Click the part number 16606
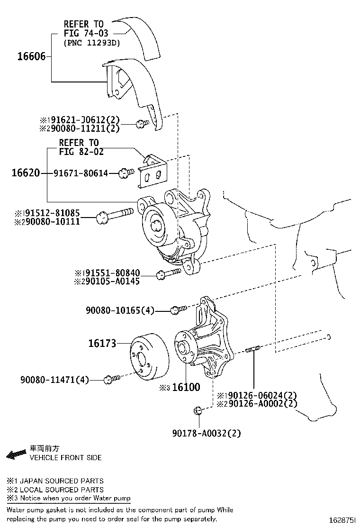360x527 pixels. coord(31,56)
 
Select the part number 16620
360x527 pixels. coord(26,173)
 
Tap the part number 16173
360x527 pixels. coord(102,343)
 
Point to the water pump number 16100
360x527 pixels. coord(186,387)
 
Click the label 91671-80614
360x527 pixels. coord(81,173)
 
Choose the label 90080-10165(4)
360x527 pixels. coord(120,310)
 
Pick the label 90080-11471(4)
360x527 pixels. coord(54,380)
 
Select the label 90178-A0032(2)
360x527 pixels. coord(207,433)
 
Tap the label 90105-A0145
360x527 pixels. coord(113,282)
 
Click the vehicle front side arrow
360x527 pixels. coord(16,454)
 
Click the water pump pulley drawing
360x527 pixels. coord(148,357)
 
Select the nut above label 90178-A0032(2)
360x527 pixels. coord(198,410)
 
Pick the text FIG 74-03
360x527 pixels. coord(86,33)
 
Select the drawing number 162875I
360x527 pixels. coord(342,520)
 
